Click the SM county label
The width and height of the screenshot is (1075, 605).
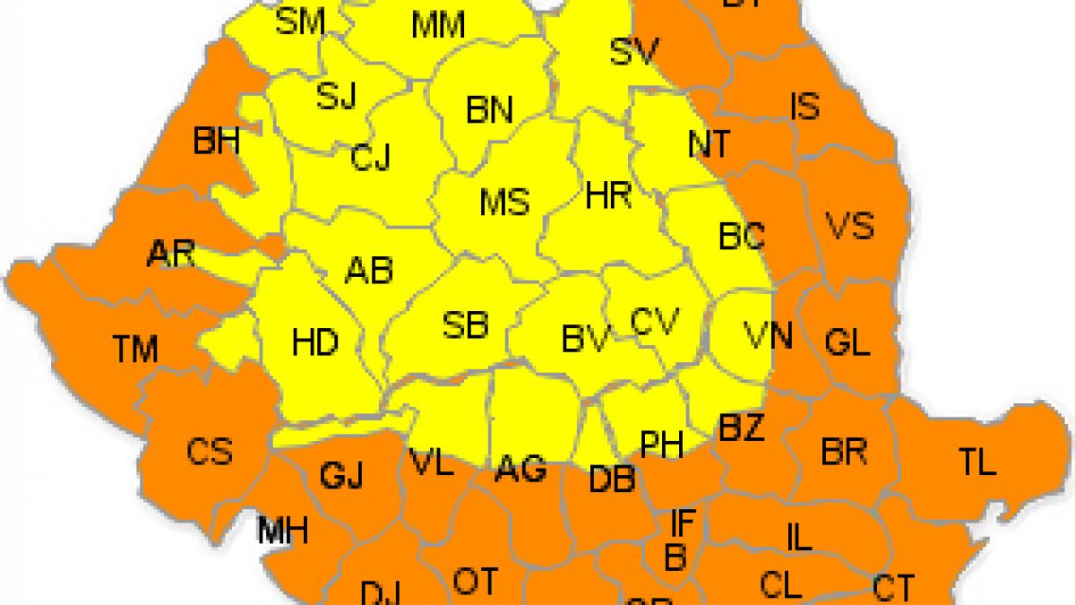[299, 22]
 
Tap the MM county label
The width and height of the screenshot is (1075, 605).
[438, 26]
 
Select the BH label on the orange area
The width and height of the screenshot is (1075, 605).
[216, 142]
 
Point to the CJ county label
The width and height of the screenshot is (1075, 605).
[370, 159]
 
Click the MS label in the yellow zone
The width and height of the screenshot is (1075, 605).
[504, 203]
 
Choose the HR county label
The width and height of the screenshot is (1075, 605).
[608, 195]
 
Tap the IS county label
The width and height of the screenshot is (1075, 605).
[804, 107]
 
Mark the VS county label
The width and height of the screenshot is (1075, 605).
[848, 225]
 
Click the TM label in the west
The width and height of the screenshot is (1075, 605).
[135, 348]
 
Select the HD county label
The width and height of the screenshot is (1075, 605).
[315, 341]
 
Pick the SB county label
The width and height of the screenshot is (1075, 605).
[466, 325]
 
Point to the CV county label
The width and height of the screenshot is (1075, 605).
[655, 321]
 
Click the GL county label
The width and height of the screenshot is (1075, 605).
[847, 342]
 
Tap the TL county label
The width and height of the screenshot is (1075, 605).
[976, 462]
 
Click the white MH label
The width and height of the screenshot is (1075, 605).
[282, 531]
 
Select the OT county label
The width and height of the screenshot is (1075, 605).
[475, 582]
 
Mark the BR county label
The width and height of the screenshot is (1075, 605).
[844, 452]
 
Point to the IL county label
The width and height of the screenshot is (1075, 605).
[798, 538]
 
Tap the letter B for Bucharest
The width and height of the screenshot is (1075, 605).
[675, 557]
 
